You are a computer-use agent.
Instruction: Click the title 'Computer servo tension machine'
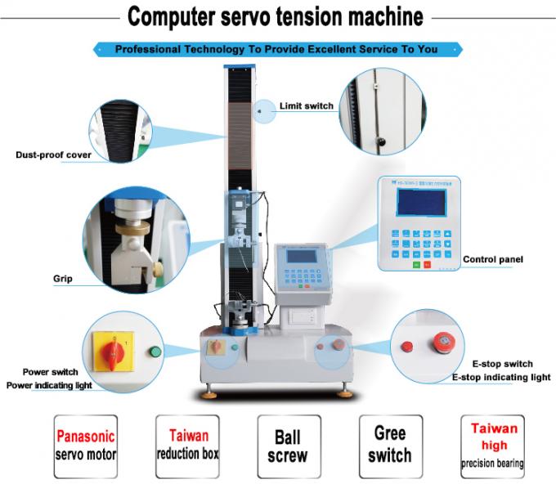[x=275, y=16]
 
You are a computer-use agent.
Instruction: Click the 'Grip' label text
[x=63, y=279]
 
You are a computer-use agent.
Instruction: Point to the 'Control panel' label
[x=493, y=260]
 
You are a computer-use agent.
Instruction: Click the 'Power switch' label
[x=51, y=370]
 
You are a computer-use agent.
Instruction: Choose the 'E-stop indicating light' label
[x=501, y=378]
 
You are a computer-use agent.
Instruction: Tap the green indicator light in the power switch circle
[x=153, y=352]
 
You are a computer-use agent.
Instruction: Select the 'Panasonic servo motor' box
[x=85, y=445]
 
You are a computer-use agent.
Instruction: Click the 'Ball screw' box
[x=287, y=445]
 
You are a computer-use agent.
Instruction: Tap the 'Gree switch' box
[x=389, y=445]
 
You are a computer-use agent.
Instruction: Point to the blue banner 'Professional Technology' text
[x=276, y=49]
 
